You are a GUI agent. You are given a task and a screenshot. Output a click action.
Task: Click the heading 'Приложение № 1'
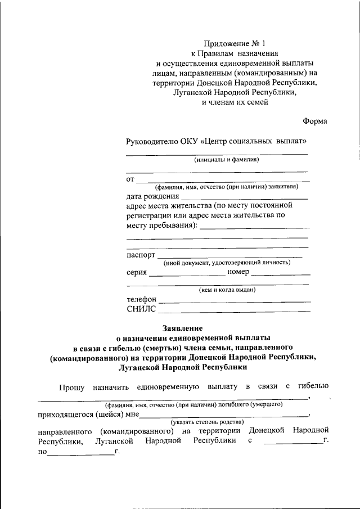point(231,43)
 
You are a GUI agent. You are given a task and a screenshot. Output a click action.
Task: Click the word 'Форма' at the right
point(315,121)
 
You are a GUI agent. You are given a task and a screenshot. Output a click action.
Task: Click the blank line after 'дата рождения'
point(245,198)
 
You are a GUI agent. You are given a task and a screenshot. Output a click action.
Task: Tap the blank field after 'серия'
point(187,273)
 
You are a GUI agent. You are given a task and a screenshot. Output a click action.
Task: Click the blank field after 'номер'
point(281,273)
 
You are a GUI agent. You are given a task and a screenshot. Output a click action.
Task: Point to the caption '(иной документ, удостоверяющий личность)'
point(227,263)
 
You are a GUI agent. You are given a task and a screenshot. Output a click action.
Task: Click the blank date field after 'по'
point(80,454)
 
